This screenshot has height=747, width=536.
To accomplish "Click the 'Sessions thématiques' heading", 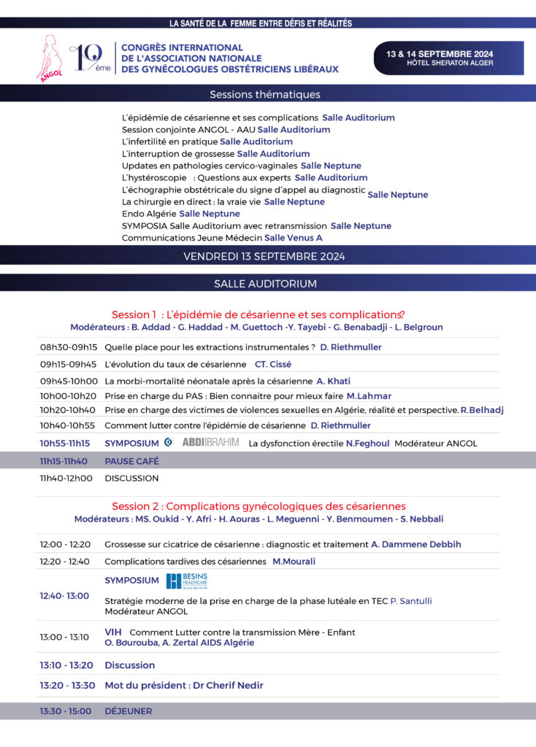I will click(264, 94).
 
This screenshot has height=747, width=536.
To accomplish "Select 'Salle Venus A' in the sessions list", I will click(293, 238).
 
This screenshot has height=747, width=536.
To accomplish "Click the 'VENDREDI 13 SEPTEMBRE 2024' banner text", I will click(264, 256).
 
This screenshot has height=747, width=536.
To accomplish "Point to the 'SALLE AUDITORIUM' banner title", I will click(265, 283).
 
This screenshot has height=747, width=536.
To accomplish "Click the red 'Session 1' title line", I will click(258, 314).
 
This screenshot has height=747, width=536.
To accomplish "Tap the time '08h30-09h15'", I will click(68, 347).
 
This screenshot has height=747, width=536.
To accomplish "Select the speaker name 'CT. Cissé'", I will click(273, 364).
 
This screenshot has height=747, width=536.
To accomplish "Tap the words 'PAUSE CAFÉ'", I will click(131, 461).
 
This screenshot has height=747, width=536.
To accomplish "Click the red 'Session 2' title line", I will click(259, 506).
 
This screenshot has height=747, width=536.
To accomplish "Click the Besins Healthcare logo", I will click(187, 581).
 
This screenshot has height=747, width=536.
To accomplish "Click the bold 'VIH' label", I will click(112, 632).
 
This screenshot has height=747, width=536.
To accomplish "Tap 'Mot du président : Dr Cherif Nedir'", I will click(184, 685).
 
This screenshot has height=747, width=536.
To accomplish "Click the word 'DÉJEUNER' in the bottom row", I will click(129, 711).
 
